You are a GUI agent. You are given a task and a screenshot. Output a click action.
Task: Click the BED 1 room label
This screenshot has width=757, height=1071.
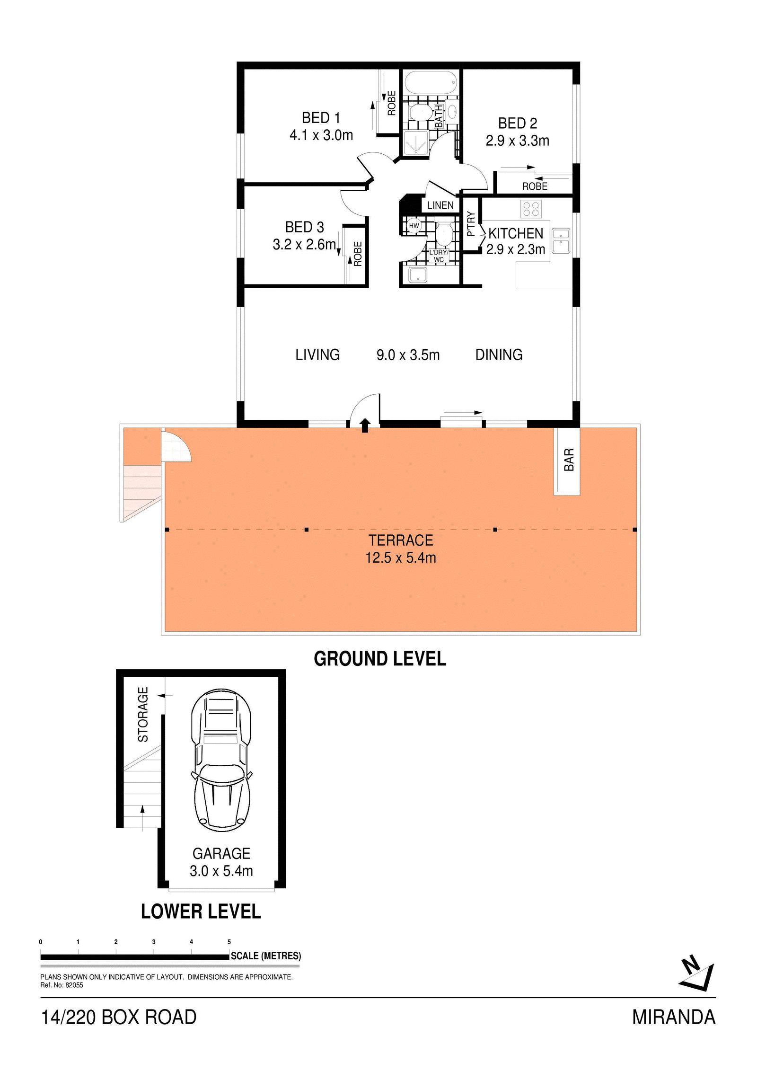321,117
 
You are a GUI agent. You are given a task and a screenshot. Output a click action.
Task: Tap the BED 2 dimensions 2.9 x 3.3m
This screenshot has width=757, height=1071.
517,141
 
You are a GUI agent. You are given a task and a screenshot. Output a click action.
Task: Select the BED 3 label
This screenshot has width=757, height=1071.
304,227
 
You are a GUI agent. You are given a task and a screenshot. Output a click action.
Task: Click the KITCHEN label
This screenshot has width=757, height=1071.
516,233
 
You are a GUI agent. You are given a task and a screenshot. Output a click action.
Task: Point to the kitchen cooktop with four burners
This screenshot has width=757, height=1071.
531,209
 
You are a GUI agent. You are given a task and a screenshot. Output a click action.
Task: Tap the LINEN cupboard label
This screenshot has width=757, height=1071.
440,205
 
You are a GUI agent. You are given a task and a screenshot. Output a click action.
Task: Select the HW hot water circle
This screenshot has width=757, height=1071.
414,226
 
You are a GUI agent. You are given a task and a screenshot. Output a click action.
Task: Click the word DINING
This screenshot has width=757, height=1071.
499,354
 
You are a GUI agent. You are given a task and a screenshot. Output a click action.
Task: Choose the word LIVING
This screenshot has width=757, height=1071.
317,354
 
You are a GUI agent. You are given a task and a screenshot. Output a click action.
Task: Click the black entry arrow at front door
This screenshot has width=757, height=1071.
365,425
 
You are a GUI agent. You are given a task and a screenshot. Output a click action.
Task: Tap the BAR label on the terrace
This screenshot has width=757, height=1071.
569,460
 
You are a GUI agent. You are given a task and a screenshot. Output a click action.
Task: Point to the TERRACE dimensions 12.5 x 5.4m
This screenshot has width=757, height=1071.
400,558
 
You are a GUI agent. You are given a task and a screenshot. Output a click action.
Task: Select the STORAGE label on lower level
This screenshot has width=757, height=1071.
143,714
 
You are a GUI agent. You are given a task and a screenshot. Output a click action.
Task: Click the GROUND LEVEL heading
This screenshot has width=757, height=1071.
380,659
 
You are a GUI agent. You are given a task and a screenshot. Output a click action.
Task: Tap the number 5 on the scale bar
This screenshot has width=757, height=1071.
229,942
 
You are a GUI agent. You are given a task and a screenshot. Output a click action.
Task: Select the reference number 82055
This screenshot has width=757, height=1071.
74,985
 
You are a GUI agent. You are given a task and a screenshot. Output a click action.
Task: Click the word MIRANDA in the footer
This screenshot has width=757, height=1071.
674,1017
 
